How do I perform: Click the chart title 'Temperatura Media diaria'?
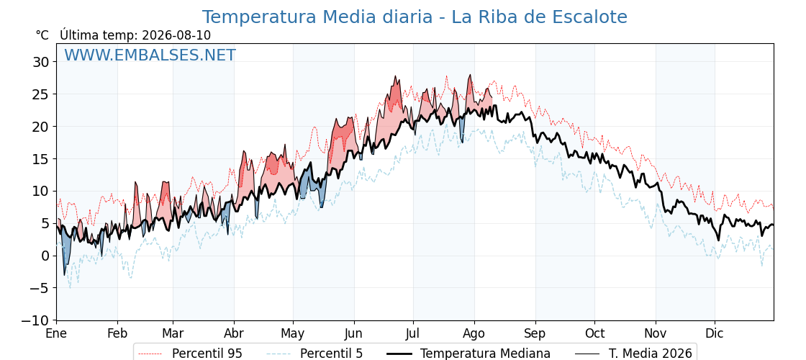point(317,17)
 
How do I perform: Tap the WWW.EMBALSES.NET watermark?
point(150,55)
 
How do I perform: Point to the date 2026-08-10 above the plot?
point(176,35)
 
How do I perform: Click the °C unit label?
point(42,35)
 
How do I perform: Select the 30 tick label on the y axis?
point(40,62)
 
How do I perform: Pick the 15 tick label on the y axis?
point(40,159)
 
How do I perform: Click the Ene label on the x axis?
point(57,333)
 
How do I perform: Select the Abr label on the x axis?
point(234,333)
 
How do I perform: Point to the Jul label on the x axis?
point(413,333)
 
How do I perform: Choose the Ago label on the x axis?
point(474,333)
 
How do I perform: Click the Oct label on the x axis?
point(594,333)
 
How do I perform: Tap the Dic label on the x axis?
point(715,333)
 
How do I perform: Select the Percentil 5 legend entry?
point(315,354)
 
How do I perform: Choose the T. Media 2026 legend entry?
point(633,354)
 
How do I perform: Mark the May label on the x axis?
point(292,334)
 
